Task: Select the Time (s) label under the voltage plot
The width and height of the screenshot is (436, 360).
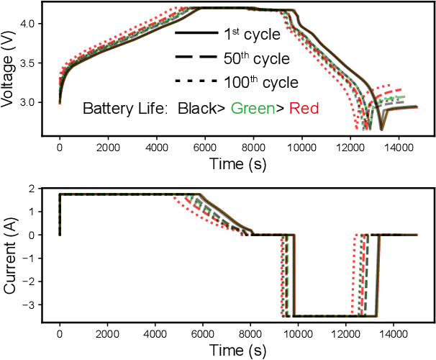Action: coord(238,164)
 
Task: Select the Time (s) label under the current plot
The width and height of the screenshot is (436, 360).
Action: coord(238,351)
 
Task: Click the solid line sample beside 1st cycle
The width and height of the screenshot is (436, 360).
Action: coord(196,35)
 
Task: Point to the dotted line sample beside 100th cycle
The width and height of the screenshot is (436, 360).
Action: coord(196,82)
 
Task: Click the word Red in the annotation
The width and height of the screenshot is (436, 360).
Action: coord(302,109)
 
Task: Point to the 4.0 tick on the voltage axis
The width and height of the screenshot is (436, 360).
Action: coord(32,24)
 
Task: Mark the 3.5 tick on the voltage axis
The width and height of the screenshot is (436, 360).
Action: coord(32,63)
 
